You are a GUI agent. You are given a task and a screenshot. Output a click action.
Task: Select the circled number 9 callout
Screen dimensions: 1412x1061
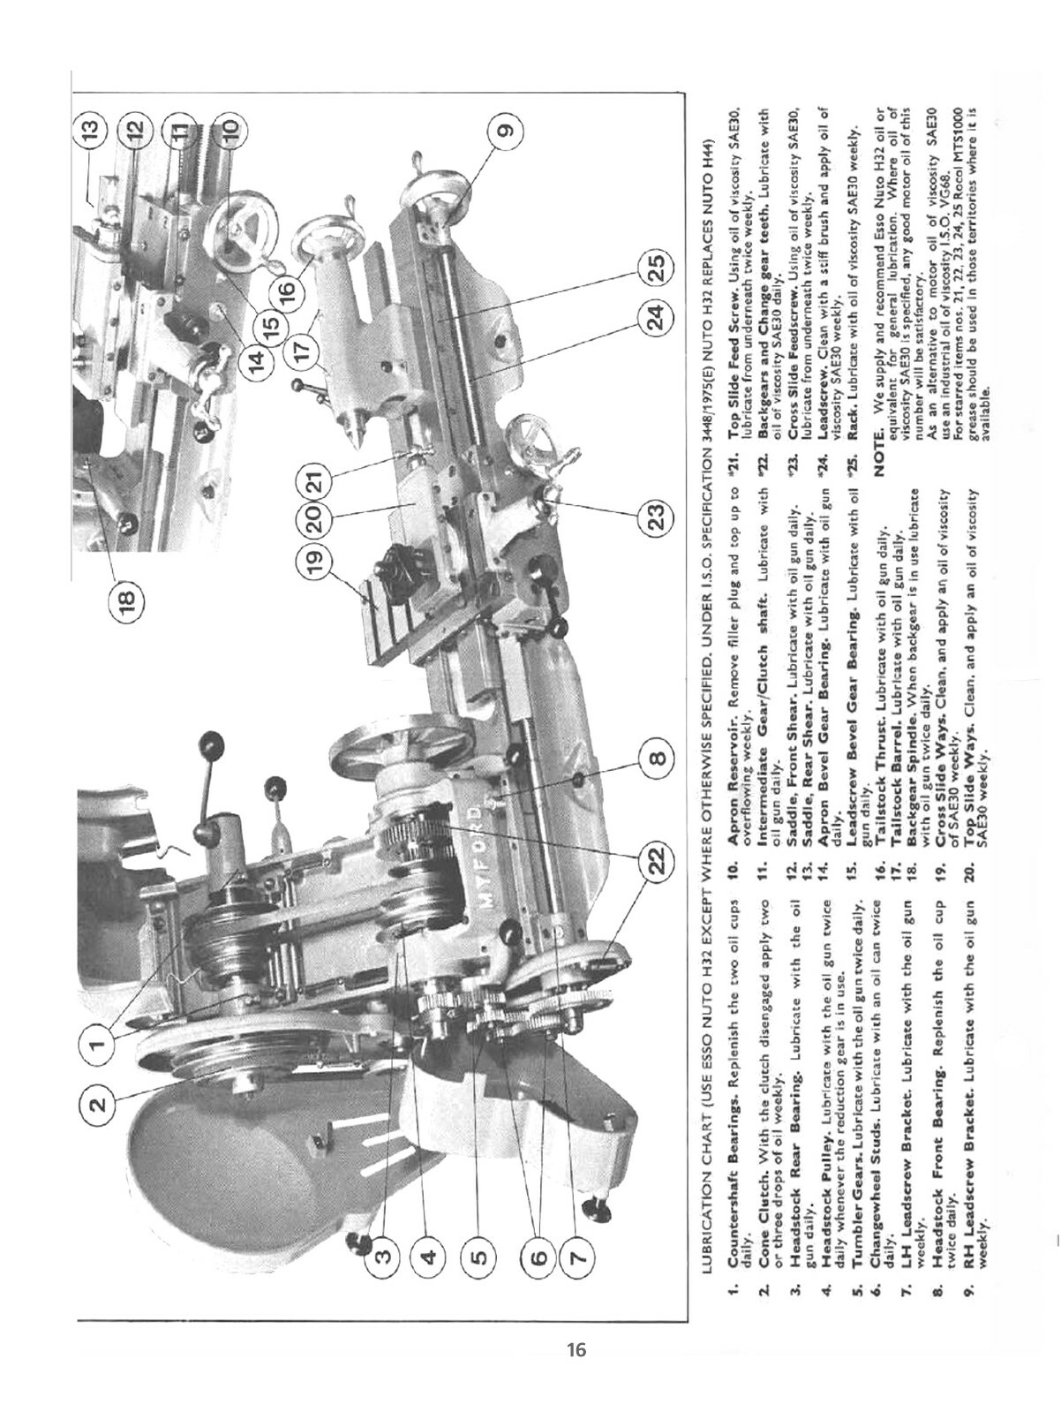pos(504,131)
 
